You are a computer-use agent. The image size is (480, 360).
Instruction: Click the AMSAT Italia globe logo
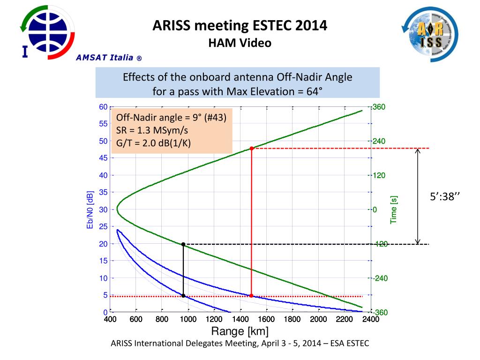47,31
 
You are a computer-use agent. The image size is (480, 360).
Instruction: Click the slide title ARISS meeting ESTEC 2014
240,25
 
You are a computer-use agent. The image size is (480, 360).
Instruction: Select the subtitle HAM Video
240,43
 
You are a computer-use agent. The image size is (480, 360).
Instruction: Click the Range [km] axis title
240,332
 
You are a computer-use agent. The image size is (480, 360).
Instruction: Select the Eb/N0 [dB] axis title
90,210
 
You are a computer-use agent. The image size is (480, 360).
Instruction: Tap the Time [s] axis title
394,210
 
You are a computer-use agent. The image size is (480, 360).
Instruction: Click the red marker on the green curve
252,149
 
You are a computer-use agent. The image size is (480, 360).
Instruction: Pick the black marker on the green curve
183,244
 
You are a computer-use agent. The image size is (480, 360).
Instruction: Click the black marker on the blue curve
183,296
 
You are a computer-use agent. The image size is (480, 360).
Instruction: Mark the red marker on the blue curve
252,296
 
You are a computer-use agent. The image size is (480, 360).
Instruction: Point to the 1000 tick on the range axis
188,320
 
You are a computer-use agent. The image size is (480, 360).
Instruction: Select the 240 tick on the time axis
379,141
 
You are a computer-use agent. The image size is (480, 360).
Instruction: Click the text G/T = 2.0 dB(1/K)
154,143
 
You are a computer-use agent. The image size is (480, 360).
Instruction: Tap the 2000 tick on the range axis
318,320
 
